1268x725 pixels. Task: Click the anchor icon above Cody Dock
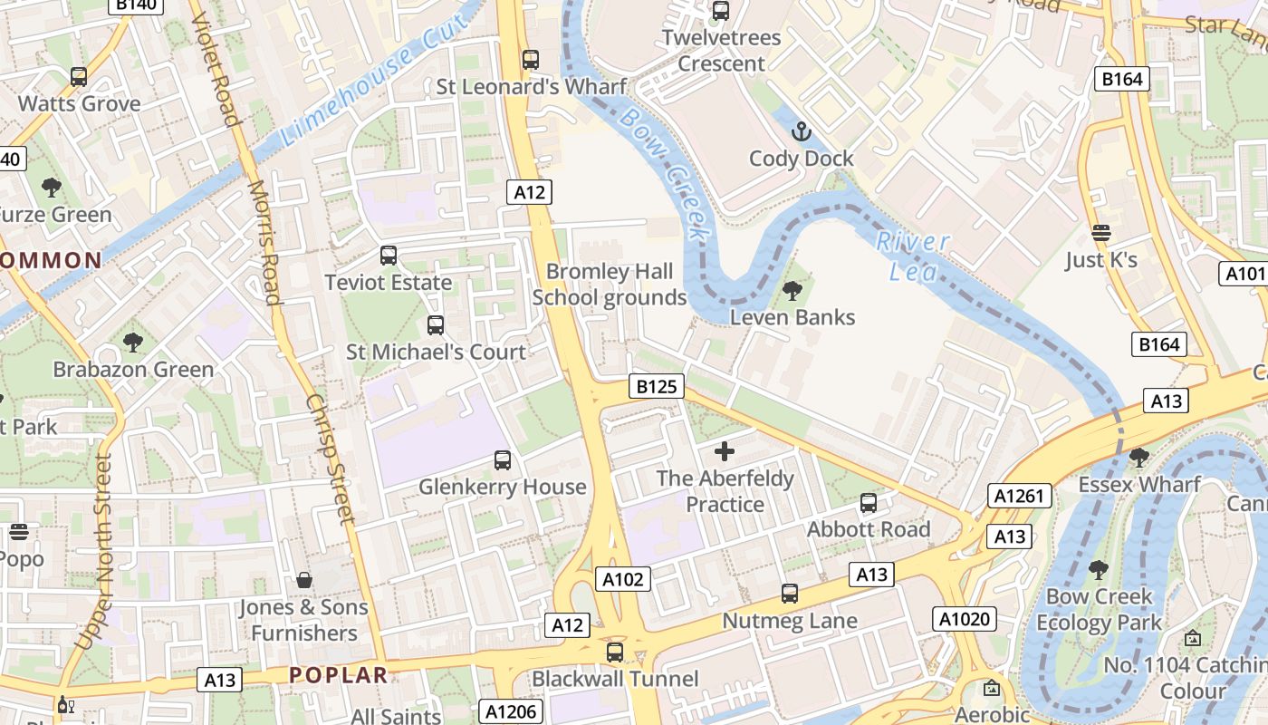[x=801, y=132]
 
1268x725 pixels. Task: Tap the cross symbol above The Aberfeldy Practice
[x=725, y=450]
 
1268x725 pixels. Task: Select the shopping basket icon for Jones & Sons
[x=304, y=580]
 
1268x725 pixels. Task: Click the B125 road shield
[x=657, y=387]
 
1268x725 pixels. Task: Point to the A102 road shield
[x=623, y=579]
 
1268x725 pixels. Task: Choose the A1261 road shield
[x=1020, y=496]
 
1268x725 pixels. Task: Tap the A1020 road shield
[x=965, y=619]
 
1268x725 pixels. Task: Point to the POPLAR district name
[x=339, y=675]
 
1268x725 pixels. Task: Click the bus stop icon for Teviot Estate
[x=389, y=256]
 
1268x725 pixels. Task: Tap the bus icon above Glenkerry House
[x=503, y=460]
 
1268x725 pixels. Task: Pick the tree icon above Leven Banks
[x=792, y=291]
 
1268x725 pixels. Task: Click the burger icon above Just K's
[x=1101, y=233]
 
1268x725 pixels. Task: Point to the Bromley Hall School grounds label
[x=610, y=285]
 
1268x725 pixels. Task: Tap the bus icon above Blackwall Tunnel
[x=615, y=652]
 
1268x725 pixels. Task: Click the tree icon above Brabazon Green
[x=133, y=343]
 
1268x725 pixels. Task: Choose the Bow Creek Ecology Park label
[x=1099, y=609]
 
